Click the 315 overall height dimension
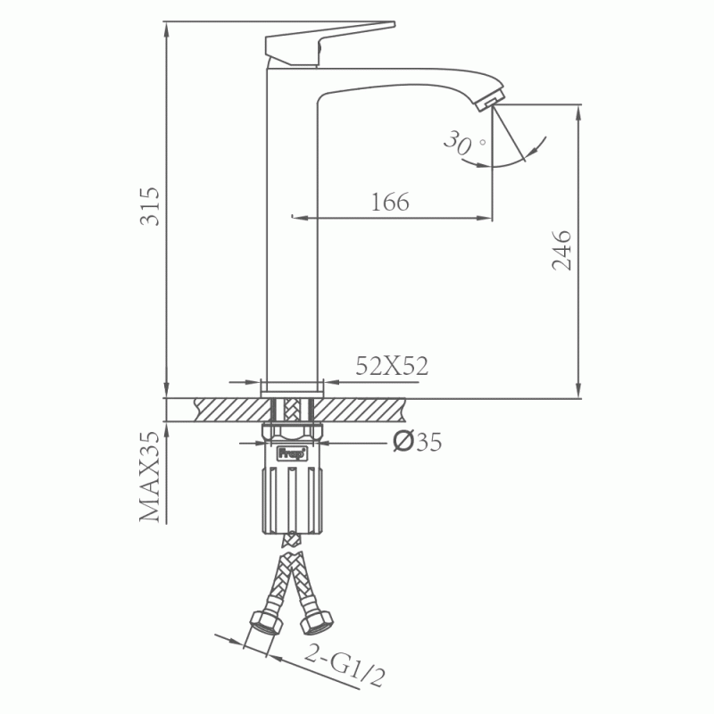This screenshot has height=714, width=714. click(x=150, y=206)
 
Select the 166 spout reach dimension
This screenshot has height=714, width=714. click(x=390, y=203)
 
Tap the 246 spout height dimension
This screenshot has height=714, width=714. click(x=561, y=251)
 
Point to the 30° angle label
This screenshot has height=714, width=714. click(x=463, y=143)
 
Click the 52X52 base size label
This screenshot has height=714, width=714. click(x=392, y=366)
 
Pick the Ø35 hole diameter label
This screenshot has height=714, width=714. click(x=417, y=441)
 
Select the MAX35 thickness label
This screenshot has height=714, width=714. click(x=150, y=477)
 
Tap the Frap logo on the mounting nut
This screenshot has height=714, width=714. click(x=292, y=453)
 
